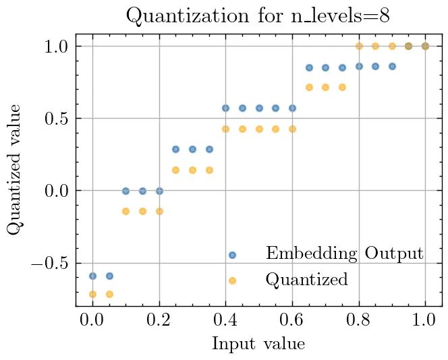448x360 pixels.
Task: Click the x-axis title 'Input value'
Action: [x=258, y=344]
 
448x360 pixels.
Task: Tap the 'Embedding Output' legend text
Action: [x=344, y=254]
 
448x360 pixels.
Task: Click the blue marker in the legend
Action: [x=232, y=255]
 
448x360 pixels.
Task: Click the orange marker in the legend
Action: [x=232, y=280]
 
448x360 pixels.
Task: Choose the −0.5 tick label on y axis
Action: [x=51, y=264]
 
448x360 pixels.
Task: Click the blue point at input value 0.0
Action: [x=92, y=276]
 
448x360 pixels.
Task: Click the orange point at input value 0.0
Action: [x=92, y=294]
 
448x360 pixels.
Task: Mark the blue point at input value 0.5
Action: [x=259, y=108]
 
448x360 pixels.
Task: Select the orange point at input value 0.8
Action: [x=359, y=46]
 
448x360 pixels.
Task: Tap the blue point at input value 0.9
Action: [x=392, y=66]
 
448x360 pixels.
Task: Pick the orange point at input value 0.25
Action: [x=175, y=170]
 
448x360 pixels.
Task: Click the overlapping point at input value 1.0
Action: [x=425, y=46]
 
